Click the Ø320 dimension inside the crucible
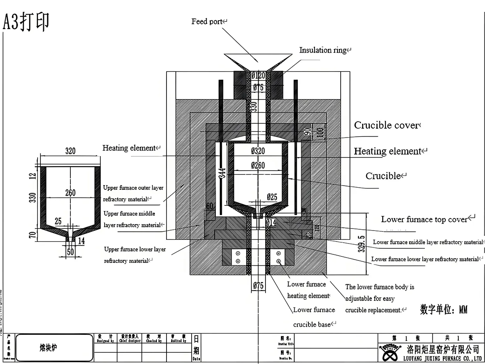point(258,151)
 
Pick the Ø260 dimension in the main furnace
point(258,165)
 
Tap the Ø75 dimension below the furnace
point(258,286)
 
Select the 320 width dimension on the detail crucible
point(70,151)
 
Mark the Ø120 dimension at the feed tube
point(258,76)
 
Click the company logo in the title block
point(390,352)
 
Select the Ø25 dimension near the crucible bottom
point(272,197)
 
